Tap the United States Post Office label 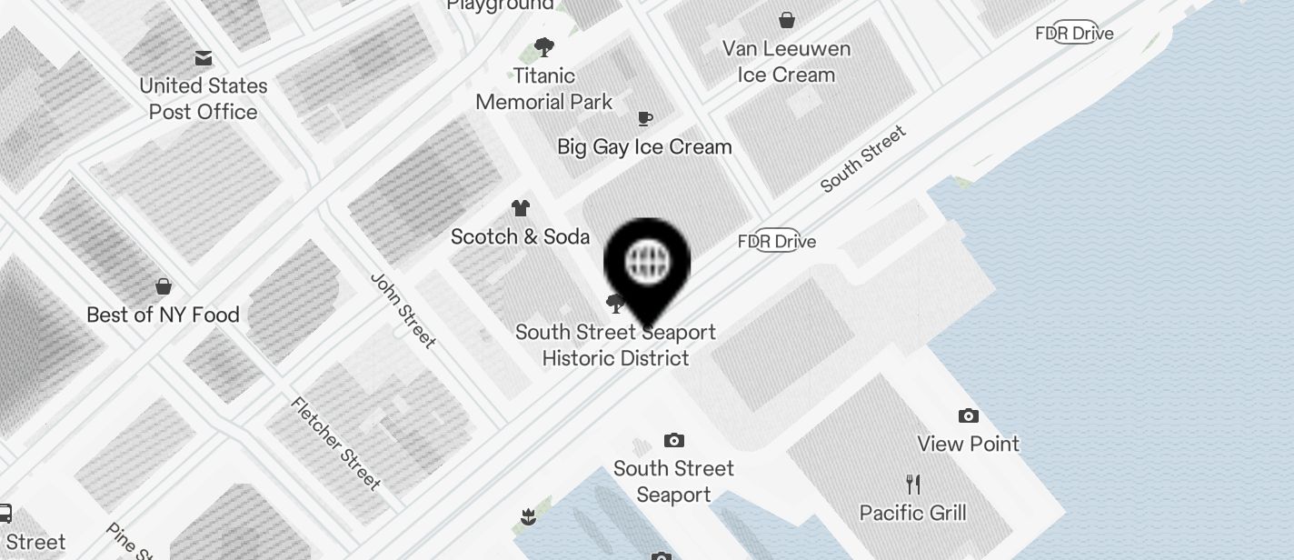(204, 99)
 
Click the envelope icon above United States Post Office (204, 58)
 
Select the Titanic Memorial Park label (544, 88)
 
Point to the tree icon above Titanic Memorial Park (544, 46)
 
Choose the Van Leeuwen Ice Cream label (786, 62)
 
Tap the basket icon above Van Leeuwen (787, 19)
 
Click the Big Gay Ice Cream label (644, 146)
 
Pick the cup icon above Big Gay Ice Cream (645, 118)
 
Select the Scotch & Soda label (521, 237)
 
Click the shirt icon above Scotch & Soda (521, 208)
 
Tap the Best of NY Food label (163, 315)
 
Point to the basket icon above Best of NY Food (164, 286)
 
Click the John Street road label (403, 309)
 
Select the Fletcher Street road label (335, 443)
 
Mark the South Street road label (863, 159)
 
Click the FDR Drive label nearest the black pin (777, 241)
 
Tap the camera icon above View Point (969, 416)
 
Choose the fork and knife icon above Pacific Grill (913, 484)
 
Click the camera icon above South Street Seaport (673, 441)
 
